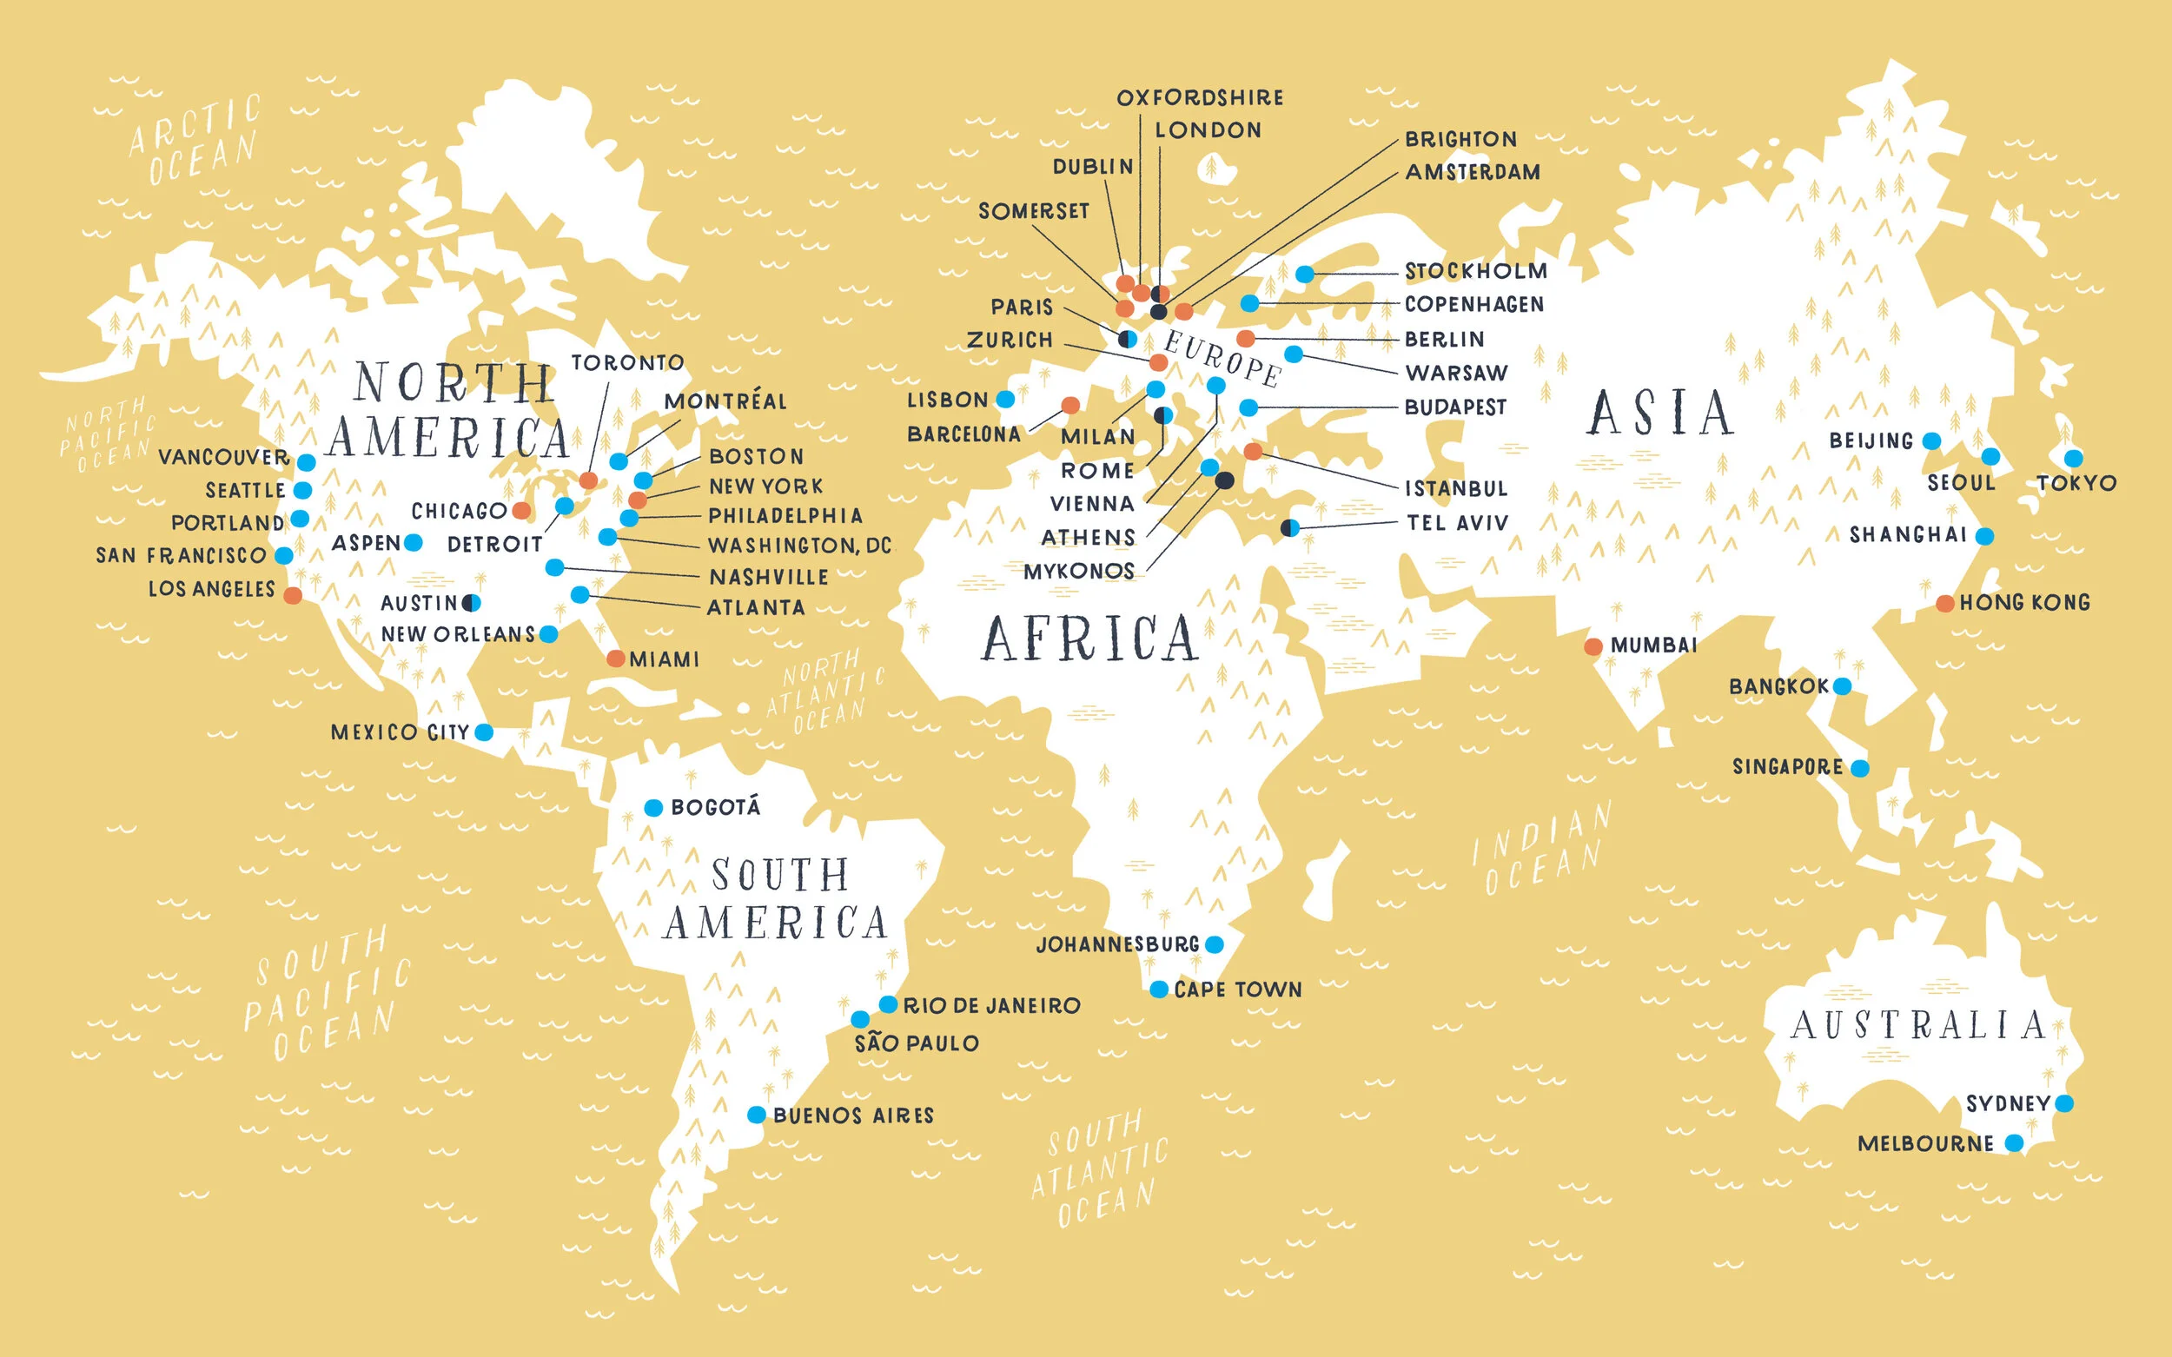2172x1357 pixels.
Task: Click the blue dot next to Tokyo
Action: pos(2072,459)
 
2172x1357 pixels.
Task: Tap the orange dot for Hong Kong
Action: pos(1944,603)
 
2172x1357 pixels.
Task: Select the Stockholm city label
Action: pos(1475,271)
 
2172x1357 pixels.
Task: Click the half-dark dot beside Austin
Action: pos(471,602)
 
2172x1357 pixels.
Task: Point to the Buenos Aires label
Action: pos(852,1115)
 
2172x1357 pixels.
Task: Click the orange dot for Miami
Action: pos(615,659)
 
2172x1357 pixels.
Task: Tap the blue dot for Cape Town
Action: pos(1159,989)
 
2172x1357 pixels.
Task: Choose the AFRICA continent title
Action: pos(1089,639)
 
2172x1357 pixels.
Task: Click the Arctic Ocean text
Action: pos(195,139)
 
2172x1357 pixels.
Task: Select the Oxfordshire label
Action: pos(1199,98)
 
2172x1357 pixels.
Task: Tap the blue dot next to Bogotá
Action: pos(653,808)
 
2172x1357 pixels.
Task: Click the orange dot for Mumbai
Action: pos(1593,646)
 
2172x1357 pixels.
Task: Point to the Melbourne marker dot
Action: pos(2014,1142)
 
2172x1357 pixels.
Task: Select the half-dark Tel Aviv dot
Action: pos(1290,527)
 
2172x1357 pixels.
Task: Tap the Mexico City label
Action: pos(400,732)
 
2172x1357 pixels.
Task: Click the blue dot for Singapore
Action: pos(1859,768)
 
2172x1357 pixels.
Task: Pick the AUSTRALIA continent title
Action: pos(1918,1025)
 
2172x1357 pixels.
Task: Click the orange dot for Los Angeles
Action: pos(293,595)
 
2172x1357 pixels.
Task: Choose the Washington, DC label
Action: pos(798,546)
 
